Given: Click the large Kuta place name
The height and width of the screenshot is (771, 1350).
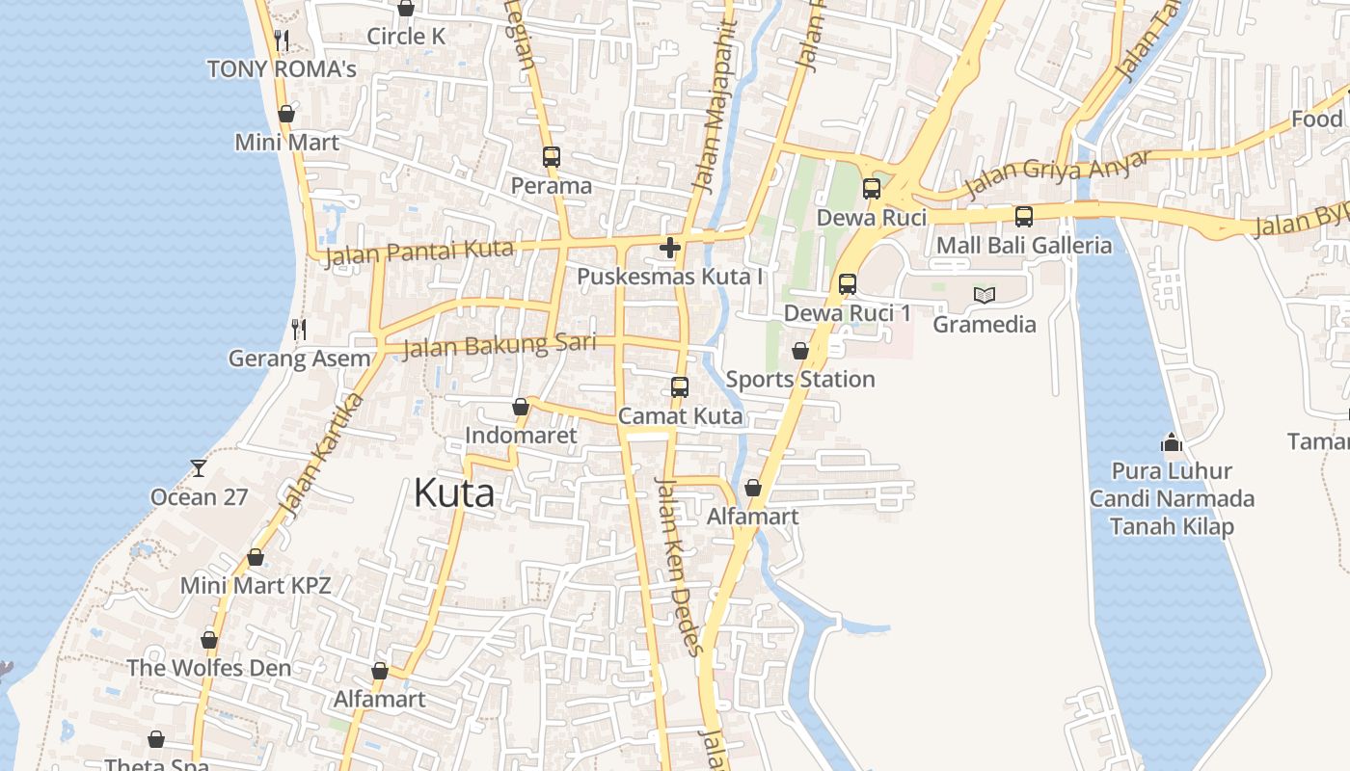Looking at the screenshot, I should pos(454,493).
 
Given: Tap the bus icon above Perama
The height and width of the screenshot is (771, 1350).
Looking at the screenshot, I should pos(552,156).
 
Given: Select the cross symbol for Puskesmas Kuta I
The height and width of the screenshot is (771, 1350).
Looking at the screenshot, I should pos(670,248).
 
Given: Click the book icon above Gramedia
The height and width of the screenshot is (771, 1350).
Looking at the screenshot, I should pos(984,295).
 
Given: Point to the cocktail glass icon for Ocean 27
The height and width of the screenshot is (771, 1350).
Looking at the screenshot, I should pos(199,468).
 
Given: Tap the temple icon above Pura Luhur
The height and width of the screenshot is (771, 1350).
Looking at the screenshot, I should pos(1172,442).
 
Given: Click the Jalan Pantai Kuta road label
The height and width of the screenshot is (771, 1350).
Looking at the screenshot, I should pos(419,253).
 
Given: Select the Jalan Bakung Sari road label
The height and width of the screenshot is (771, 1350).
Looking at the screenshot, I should pos(499,344).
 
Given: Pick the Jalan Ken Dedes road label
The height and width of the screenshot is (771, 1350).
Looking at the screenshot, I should pos(681,566).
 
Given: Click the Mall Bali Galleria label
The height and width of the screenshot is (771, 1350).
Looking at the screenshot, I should pos(1024,245).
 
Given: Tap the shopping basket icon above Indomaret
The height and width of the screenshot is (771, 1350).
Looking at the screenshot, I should pos(521,407).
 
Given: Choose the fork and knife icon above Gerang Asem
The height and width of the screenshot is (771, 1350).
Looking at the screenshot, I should pos(299,330).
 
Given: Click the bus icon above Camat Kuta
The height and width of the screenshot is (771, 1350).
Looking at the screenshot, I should pos(680,387).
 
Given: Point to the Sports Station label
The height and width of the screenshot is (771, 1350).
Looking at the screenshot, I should pos(800,379).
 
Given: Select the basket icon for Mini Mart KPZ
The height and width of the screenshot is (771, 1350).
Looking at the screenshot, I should pos(256,557).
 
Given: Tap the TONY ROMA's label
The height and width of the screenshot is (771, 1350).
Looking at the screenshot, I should pos(282,68).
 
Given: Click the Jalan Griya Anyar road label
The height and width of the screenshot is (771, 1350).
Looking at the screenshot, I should pos(1059,173).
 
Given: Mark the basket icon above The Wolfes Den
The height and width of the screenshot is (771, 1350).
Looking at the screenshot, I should pos(209,639).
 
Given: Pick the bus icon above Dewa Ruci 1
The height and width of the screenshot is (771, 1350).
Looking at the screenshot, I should pos(848,284).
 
